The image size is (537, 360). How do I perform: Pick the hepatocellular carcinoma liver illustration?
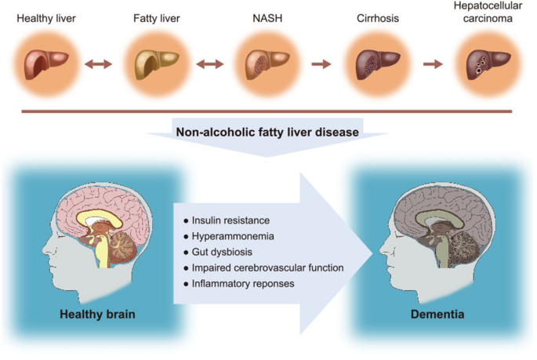484,63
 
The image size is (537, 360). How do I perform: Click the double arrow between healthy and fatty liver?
98,64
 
